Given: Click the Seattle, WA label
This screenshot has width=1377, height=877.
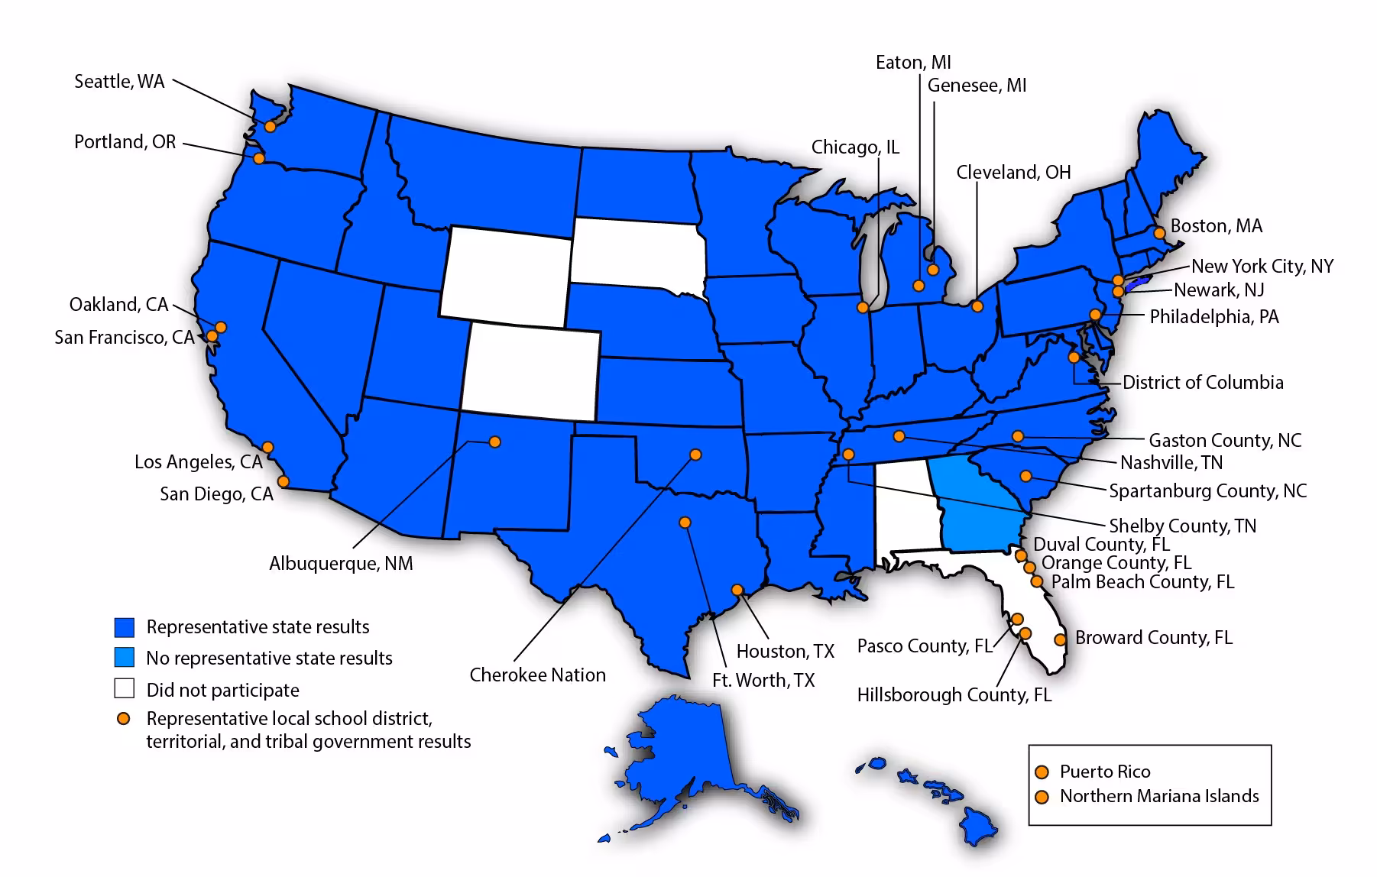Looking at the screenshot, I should tap(119, 82).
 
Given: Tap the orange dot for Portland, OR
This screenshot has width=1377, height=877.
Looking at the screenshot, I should tap(259, 158).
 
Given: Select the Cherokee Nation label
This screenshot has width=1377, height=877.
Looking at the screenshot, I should tap(537, 675).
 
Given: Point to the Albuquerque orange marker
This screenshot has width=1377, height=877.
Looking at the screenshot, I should tap(494, 442).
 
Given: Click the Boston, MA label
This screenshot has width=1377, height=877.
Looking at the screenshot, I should tap(1217, 226).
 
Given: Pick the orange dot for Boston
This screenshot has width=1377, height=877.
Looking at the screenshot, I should tap(1159, 232).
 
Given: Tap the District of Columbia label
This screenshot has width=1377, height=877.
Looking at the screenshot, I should tap(1203, 383).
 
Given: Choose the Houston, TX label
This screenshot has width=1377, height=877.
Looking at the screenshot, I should tap(785, 652).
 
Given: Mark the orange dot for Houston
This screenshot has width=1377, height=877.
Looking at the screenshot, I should tap(737, 590).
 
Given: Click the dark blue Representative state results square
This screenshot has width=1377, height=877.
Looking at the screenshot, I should tap(125, 627).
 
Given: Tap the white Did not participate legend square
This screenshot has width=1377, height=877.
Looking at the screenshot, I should tap(125, 689).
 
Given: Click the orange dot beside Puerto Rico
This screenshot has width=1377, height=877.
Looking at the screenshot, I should tap(1041, 772).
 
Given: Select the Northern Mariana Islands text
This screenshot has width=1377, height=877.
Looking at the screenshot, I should tap(1159, 796).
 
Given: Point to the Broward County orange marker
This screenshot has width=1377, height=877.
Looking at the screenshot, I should tap(1061, 639).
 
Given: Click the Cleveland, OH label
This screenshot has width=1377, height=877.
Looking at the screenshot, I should tap(1013, 173).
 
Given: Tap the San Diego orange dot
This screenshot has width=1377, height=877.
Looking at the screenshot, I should tap(283, 481).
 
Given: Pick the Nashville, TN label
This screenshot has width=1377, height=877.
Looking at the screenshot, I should tap(1171, 463).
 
